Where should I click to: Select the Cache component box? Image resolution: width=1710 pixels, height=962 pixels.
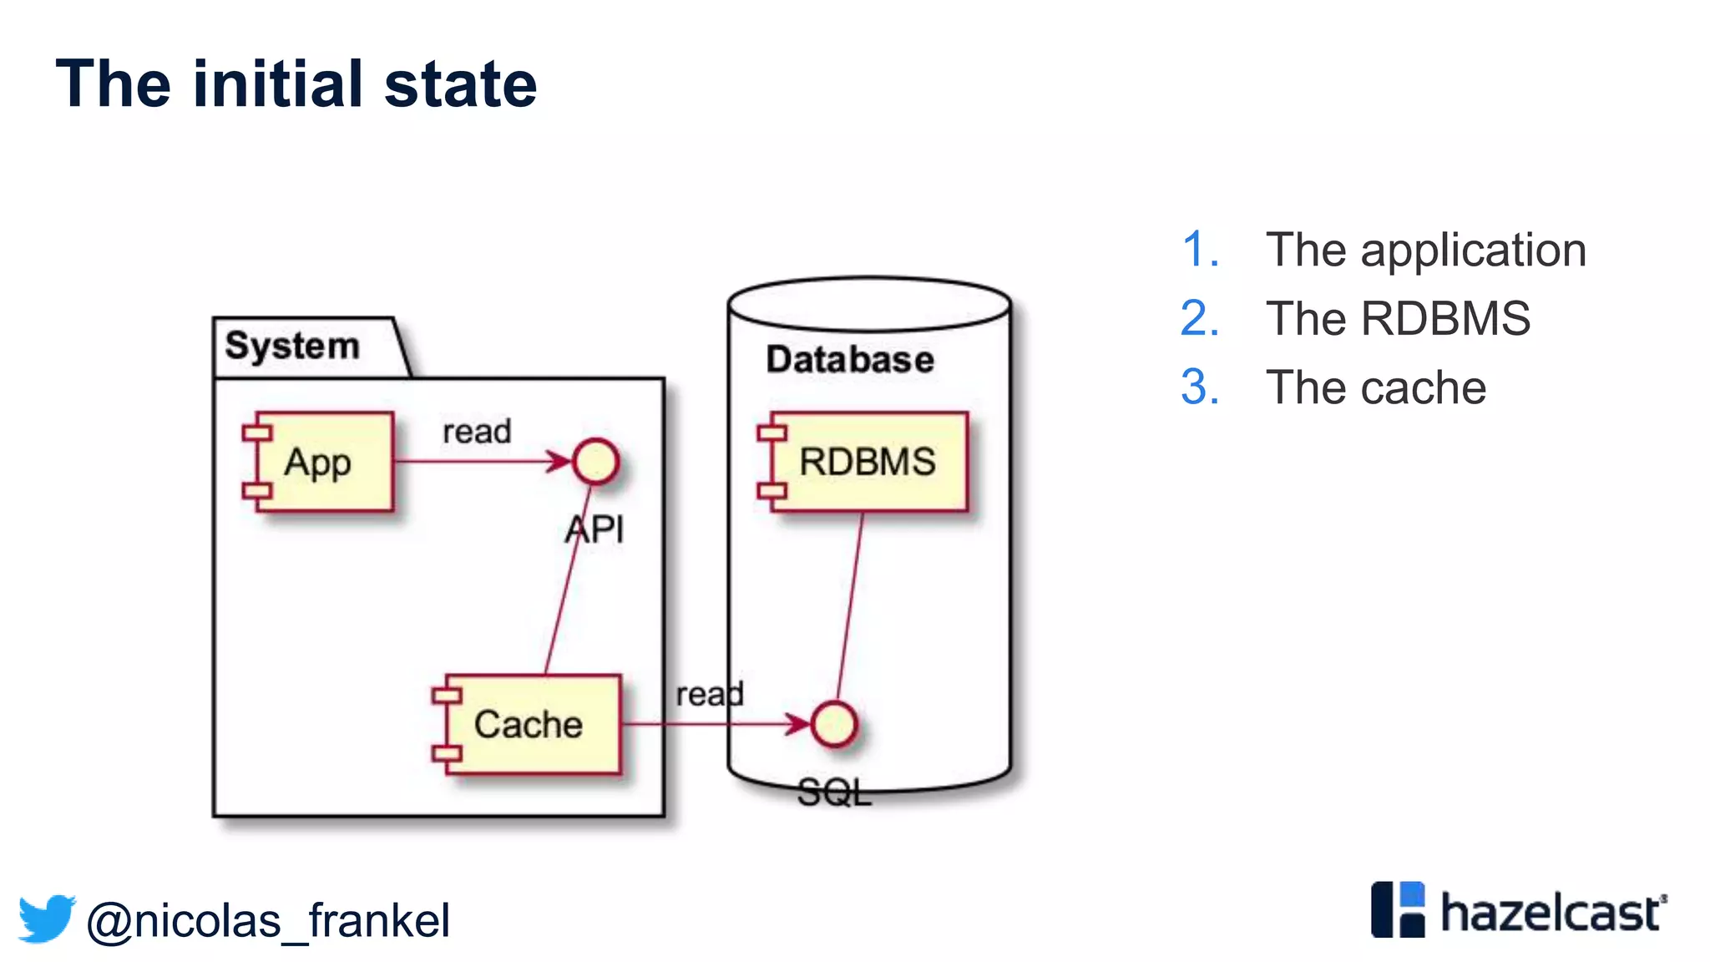(528, 725)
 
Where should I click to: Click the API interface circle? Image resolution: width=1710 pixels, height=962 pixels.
(595, 462)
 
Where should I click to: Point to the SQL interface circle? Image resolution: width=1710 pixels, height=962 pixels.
(834, 724)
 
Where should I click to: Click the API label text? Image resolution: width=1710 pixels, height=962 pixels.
(594, 529)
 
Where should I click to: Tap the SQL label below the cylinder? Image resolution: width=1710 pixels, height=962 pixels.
(834, 792)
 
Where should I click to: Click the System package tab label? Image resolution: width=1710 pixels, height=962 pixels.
(292, 346)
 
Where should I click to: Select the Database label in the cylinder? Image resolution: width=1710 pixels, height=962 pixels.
(850, 359)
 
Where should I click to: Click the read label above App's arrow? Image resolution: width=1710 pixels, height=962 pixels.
(477, 432)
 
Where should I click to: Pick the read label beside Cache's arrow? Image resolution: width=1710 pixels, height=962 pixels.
(709, 694)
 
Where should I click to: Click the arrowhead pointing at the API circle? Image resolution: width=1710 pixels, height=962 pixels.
(559, 462)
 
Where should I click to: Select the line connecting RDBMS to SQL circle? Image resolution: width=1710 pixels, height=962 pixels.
(849, 605)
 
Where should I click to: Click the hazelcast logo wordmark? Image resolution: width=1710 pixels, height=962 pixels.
(1551, 913)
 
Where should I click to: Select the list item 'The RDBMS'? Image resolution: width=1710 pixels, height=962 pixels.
(1398, 319)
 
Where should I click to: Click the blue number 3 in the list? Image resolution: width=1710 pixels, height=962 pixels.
(1200, 387)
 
